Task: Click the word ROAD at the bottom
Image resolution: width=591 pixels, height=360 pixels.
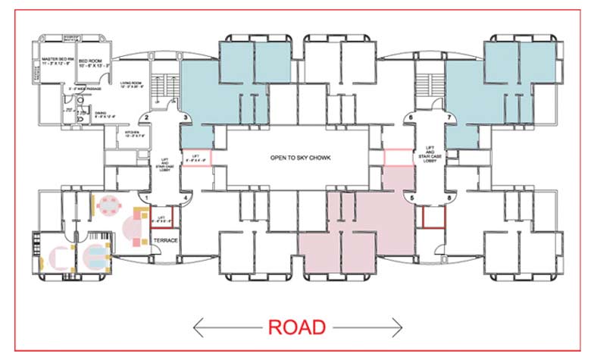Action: tap(297, 327)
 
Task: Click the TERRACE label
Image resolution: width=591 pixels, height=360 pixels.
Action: tap(165, 240)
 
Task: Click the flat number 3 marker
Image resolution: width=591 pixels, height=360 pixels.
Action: tap(185, 117)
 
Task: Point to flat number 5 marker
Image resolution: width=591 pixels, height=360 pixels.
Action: tap(412, 198)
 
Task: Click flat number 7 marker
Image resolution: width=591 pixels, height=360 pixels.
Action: tap(450, 117)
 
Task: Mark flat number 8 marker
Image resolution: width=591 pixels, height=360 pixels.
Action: tap(450, 198)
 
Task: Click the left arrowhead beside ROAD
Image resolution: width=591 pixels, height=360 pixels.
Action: tap(199, 327)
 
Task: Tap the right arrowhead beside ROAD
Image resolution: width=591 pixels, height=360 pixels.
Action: tap(399, 327)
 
